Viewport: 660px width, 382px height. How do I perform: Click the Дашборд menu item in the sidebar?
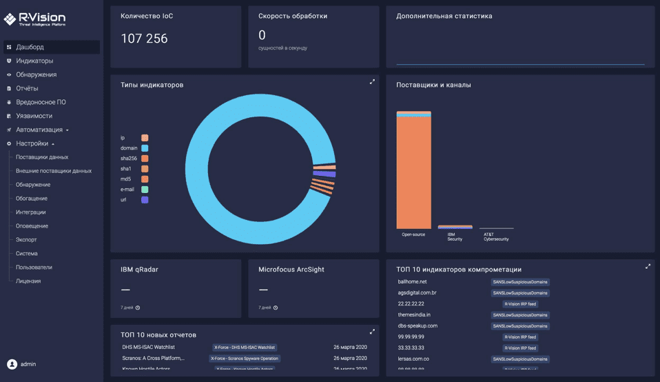pos(30,47)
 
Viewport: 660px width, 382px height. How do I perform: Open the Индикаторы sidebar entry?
pos(34,61)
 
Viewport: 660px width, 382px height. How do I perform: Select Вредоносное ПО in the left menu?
pos(41,102)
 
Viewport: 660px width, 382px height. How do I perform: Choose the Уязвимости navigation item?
pos(34,116)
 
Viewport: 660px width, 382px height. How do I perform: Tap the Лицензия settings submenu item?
pos(28,281)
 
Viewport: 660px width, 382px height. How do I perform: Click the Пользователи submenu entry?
pos(34,267)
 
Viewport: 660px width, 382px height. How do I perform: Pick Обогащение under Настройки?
pos(32,199)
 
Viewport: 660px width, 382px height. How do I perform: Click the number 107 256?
pos(144,39)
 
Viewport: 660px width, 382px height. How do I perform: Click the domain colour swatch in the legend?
pos(145,148)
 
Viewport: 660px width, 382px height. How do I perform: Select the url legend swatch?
pos(145,200)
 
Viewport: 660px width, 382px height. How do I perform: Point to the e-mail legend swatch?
pos(145,190)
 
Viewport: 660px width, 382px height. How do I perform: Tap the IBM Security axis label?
pos(455,237)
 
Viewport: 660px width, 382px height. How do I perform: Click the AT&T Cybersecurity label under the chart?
pos(496,237)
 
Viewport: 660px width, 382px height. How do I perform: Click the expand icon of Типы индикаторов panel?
pos(372,82)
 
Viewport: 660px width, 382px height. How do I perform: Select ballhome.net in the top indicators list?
pos(413,281)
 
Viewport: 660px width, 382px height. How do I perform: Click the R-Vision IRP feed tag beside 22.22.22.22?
pos(520,304)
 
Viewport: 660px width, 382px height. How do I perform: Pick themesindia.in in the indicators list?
pos(414,314)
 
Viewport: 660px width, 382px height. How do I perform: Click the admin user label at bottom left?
pos(28,363)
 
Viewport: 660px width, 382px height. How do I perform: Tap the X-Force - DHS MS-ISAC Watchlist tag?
pos(245,348)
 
